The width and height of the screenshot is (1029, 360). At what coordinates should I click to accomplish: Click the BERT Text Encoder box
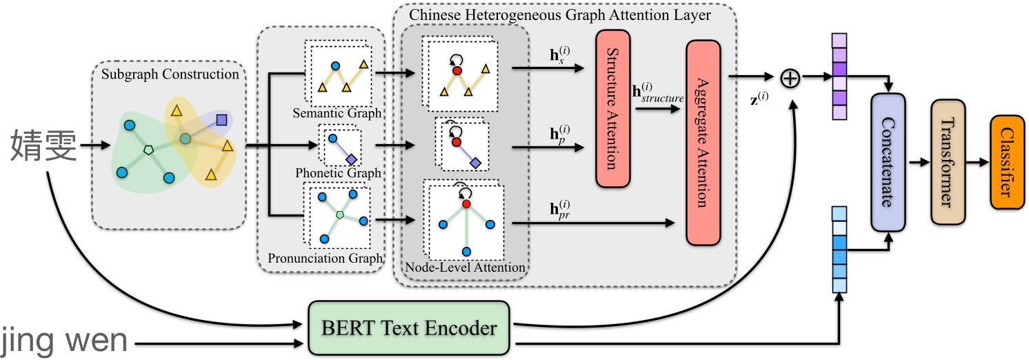pyautogui.click(x=409, y=328)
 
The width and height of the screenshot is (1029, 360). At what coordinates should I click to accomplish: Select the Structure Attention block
pyautogui.click(x=613, y=108)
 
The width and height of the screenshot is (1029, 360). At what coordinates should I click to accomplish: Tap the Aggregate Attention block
pyautogui.click(x=703, y=142)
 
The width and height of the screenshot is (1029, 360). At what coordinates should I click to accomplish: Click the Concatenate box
pyautogui.click(x=888, y=162)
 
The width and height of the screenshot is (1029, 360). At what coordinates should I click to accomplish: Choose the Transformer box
pyautogui.click(x=948, y=162)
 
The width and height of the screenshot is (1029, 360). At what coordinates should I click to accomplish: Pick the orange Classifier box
pyautogui.click(x=1008, y=162)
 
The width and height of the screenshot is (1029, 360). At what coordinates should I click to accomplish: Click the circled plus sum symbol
pyautogui.click(x=790, y=79)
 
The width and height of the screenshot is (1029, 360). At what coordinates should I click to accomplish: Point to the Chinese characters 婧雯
pyautogui.click(x=43, y=145)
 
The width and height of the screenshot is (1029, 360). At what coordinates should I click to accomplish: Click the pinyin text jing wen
pyautogui.click(x=64, y=341)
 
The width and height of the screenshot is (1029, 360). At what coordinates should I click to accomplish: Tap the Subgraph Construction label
pyautogui.click(x=170, y=74)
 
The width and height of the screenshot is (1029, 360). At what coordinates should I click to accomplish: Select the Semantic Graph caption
pyautogui.click(x=337, y=113)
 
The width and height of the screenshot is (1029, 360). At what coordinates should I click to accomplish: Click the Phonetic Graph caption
pyautogui.click(x=338, y=172)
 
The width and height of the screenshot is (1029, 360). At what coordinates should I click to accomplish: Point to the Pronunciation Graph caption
pyautogui.click(x=326, y=258)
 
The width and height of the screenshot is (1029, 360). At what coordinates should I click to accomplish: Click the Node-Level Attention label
pyautogui.click(x=465, y=268)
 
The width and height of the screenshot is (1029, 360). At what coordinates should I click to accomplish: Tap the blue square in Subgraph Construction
pyautogui.click(x=221, y=120)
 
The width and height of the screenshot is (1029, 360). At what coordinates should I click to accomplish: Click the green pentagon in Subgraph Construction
pyautogui.click(x=148, y=150)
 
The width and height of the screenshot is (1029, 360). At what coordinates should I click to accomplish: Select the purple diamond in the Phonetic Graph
pyautogui.click(x=351, y=159)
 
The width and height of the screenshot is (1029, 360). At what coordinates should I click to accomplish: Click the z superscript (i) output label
pyautogui.click(x=759, y=98)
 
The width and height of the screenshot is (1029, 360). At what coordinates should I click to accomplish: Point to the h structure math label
pyautogui.click(x=657, y=92)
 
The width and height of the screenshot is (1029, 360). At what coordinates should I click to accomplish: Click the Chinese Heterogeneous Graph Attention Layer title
pyautogui.click(x=559, y=14)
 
